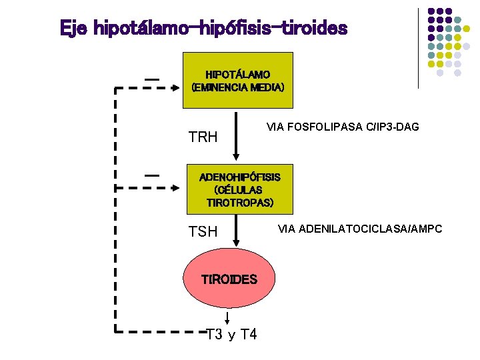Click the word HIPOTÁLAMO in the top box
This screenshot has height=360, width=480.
[x=237, y=75]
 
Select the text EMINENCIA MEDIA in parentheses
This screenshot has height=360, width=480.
[x=238, y=87]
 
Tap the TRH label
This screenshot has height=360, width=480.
[x=203, y=138]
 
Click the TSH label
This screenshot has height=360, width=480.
[x=203, y=232]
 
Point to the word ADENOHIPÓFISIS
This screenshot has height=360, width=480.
[x=240, y=177]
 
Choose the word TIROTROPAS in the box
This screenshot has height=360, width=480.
[x=240, y=203]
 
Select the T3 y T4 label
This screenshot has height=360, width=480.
[x=232, y=334]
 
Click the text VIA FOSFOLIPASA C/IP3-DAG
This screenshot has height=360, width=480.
[x=343, y=126]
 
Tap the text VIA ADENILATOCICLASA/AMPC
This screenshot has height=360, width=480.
[x=360, y=229]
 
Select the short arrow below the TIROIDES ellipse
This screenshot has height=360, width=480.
[x=229, y=318]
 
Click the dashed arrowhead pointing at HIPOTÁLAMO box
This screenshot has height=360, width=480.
[x=175, y=87]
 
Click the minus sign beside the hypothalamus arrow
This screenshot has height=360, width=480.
[x=152, y=79]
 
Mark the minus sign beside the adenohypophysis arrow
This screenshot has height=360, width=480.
[x=152, y=174]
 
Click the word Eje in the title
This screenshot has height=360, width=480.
[x=74, y=29]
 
